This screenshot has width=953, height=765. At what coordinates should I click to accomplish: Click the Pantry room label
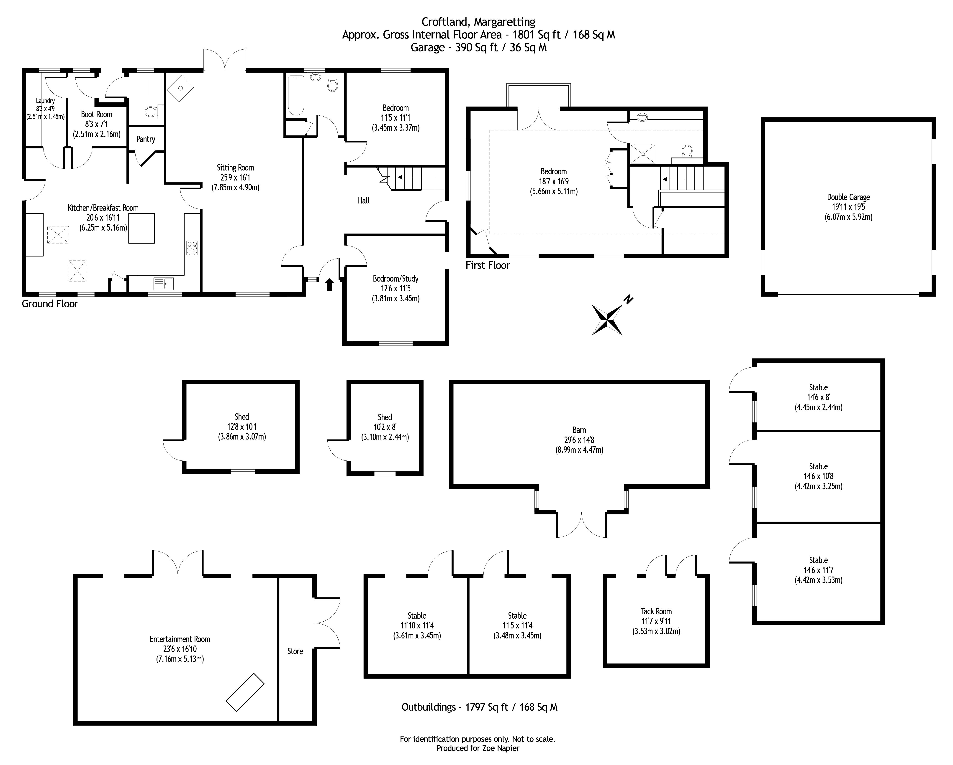tap(145, 139)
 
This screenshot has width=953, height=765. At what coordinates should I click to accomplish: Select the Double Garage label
tap(848, 197)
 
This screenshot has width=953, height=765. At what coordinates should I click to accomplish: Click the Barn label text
tap(579, 430)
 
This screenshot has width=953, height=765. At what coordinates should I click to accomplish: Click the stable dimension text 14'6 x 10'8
tap(818, 476)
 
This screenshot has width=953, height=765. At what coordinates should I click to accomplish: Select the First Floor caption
tap(488, 265)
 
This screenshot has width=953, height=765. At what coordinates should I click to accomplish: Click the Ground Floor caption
tap(50, 304)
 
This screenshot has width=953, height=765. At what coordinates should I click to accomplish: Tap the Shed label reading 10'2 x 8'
tap(385, 427)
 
